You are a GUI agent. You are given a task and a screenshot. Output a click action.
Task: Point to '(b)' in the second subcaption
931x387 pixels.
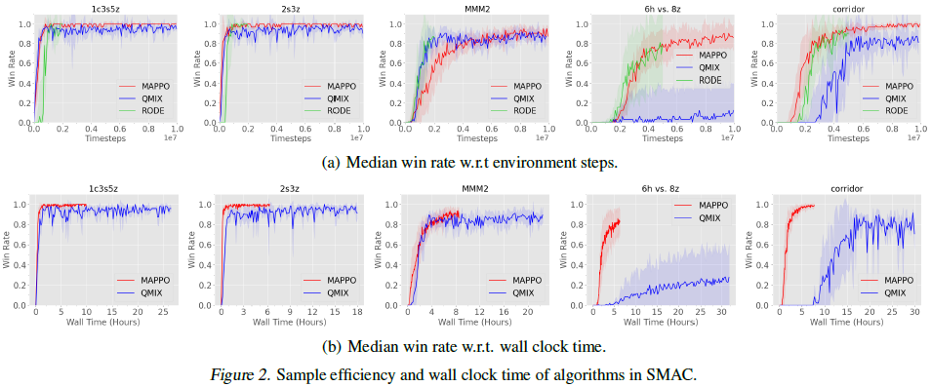(x=332, y=346)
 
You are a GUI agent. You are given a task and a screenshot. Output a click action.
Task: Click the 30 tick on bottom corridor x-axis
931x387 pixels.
(x=914, y=312)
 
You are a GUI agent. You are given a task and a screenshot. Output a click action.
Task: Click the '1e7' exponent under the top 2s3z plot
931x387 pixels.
(x=356, y=137)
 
